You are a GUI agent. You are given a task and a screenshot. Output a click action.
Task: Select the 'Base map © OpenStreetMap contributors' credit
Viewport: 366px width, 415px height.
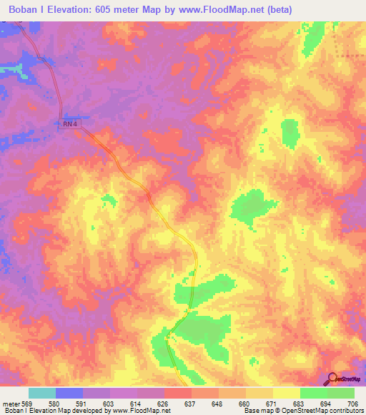[x=301, y=411]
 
